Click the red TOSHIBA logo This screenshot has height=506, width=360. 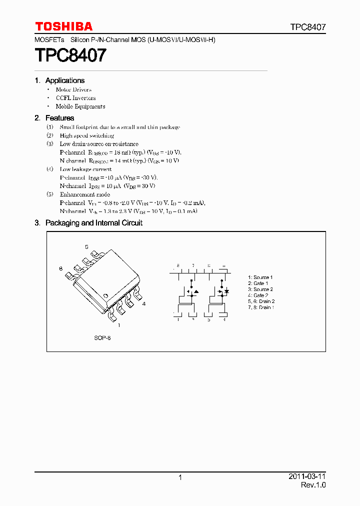pyautogui.click(x=63, y=26)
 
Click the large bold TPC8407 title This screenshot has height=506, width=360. pyautogui.click(x=70, y=55)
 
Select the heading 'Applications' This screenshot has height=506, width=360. pyautogui.click(x=65, y=80)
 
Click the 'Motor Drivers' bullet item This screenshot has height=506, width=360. pyautogui.click(x=73, y=89)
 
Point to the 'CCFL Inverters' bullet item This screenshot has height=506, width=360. pyautogui.click(x=75, y=98)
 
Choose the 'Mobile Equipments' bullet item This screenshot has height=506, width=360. pyautogui.click(x=80, y=106)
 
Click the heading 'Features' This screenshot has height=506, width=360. pyautogui.click(x=59, y=118)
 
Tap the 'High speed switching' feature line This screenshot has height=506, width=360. pyautogui.click(x=87, y=135)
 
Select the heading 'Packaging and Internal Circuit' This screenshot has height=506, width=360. pyautogui.click(x=94, y=223)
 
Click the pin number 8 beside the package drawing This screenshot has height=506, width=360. pyautogui.click(x=60, y=269)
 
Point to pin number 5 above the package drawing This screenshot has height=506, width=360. pyautogui.click(x=86, y=247)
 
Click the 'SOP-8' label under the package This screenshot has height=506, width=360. pyautogui.click(x=102, y=338)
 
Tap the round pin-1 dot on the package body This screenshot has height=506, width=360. pyautogui.click(x=106, y=296)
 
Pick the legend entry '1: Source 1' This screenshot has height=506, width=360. pyautogui.click(x=260, y=277)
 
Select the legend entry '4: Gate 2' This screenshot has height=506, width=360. pyautogui.click(x=258, y=295)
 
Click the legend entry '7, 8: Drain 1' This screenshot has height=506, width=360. pyautogui.click(x=261, y=307)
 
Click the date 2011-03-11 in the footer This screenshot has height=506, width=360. pyautogui.click(x=306, y=476)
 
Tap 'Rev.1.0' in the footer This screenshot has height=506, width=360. pyautogui.click(x=313, y=485)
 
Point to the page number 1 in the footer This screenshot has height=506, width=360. pyautogui.click(x=180, y=477)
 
